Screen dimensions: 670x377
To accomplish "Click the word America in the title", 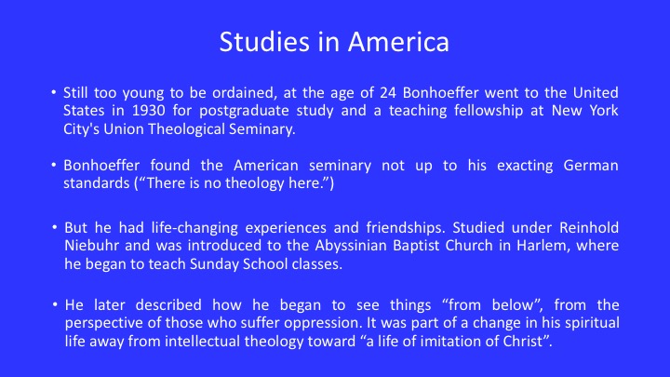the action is tap(398, 42).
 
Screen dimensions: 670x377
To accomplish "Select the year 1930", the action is tap(148, 111).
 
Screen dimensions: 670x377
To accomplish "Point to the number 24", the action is tap(388, 93).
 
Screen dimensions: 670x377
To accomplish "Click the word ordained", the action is tap(245, 93).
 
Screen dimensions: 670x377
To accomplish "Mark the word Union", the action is tap(124, 129).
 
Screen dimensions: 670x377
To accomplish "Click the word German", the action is tap(591, 166).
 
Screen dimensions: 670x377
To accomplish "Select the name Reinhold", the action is tap(589, 227).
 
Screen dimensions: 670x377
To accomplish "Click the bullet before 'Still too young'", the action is tap(53, 92).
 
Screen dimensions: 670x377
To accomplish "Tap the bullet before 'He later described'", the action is tap(55, 304).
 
